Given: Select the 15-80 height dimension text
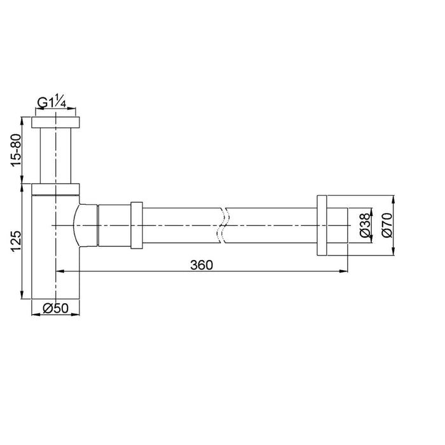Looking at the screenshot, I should click(x=18, y=149).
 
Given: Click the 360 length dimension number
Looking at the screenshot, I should click(x=201, y=263).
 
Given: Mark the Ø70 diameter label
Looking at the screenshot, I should click(x=387, y=225).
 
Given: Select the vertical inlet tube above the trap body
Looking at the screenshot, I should click(x=56, y=156).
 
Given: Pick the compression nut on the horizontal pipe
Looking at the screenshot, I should click(x=135, y=225).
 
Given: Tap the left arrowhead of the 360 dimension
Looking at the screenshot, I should click(x=60, y=271).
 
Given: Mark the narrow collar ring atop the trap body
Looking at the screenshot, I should click(x=56, y=188).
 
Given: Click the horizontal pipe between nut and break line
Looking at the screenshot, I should click(x=181, y=225).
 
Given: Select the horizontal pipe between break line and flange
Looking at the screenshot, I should click(x=270, y=225).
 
